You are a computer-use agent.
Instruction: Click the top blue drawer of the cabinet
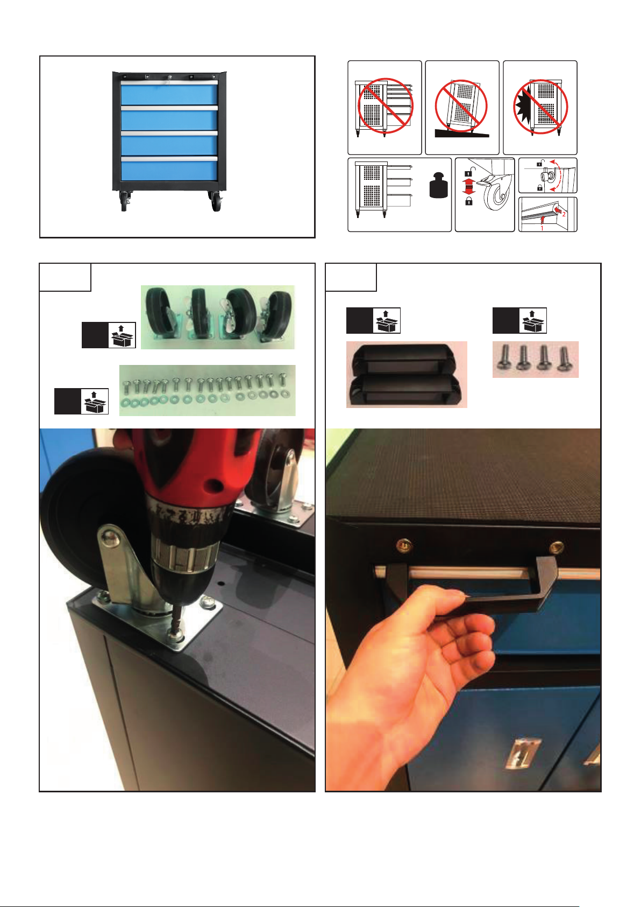coord(169,95)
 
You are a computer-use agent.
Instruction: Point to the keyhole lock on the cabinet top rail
coord(170,76)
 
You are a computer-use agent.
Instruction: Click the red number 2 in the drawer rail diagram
coord(564,214)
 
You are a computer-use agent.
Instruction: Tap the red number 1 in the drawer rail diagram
coord(542,228)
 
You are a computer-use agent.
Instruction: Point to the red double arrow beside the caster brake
coord(468,187)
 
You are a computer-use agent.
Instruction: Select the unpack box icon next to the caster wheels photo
coord(122,335)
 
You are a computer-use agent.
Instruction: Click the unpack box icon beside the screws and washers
coord(95,401)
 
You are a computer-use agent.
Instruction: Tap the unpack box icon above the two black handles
coord(386,320)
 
